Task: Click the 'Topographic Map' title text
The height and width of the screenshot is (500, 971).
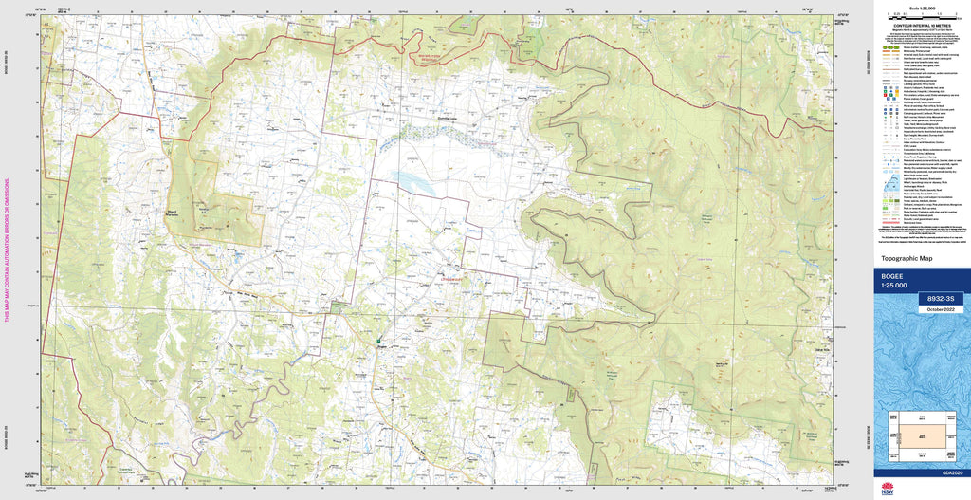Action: click(x=908, y=258)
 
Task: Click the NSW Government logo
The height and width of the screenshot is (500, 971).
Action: click(x=888, y=489)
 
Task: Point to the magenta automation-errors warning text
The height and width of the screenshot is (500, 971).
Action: click(x=7, y=249)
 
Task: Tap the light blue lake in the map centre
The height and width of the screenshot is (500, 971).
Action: click(x=416, y=180)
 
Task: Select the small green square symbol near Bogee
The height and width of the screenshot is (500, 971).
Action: click(x=378, y=341)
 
